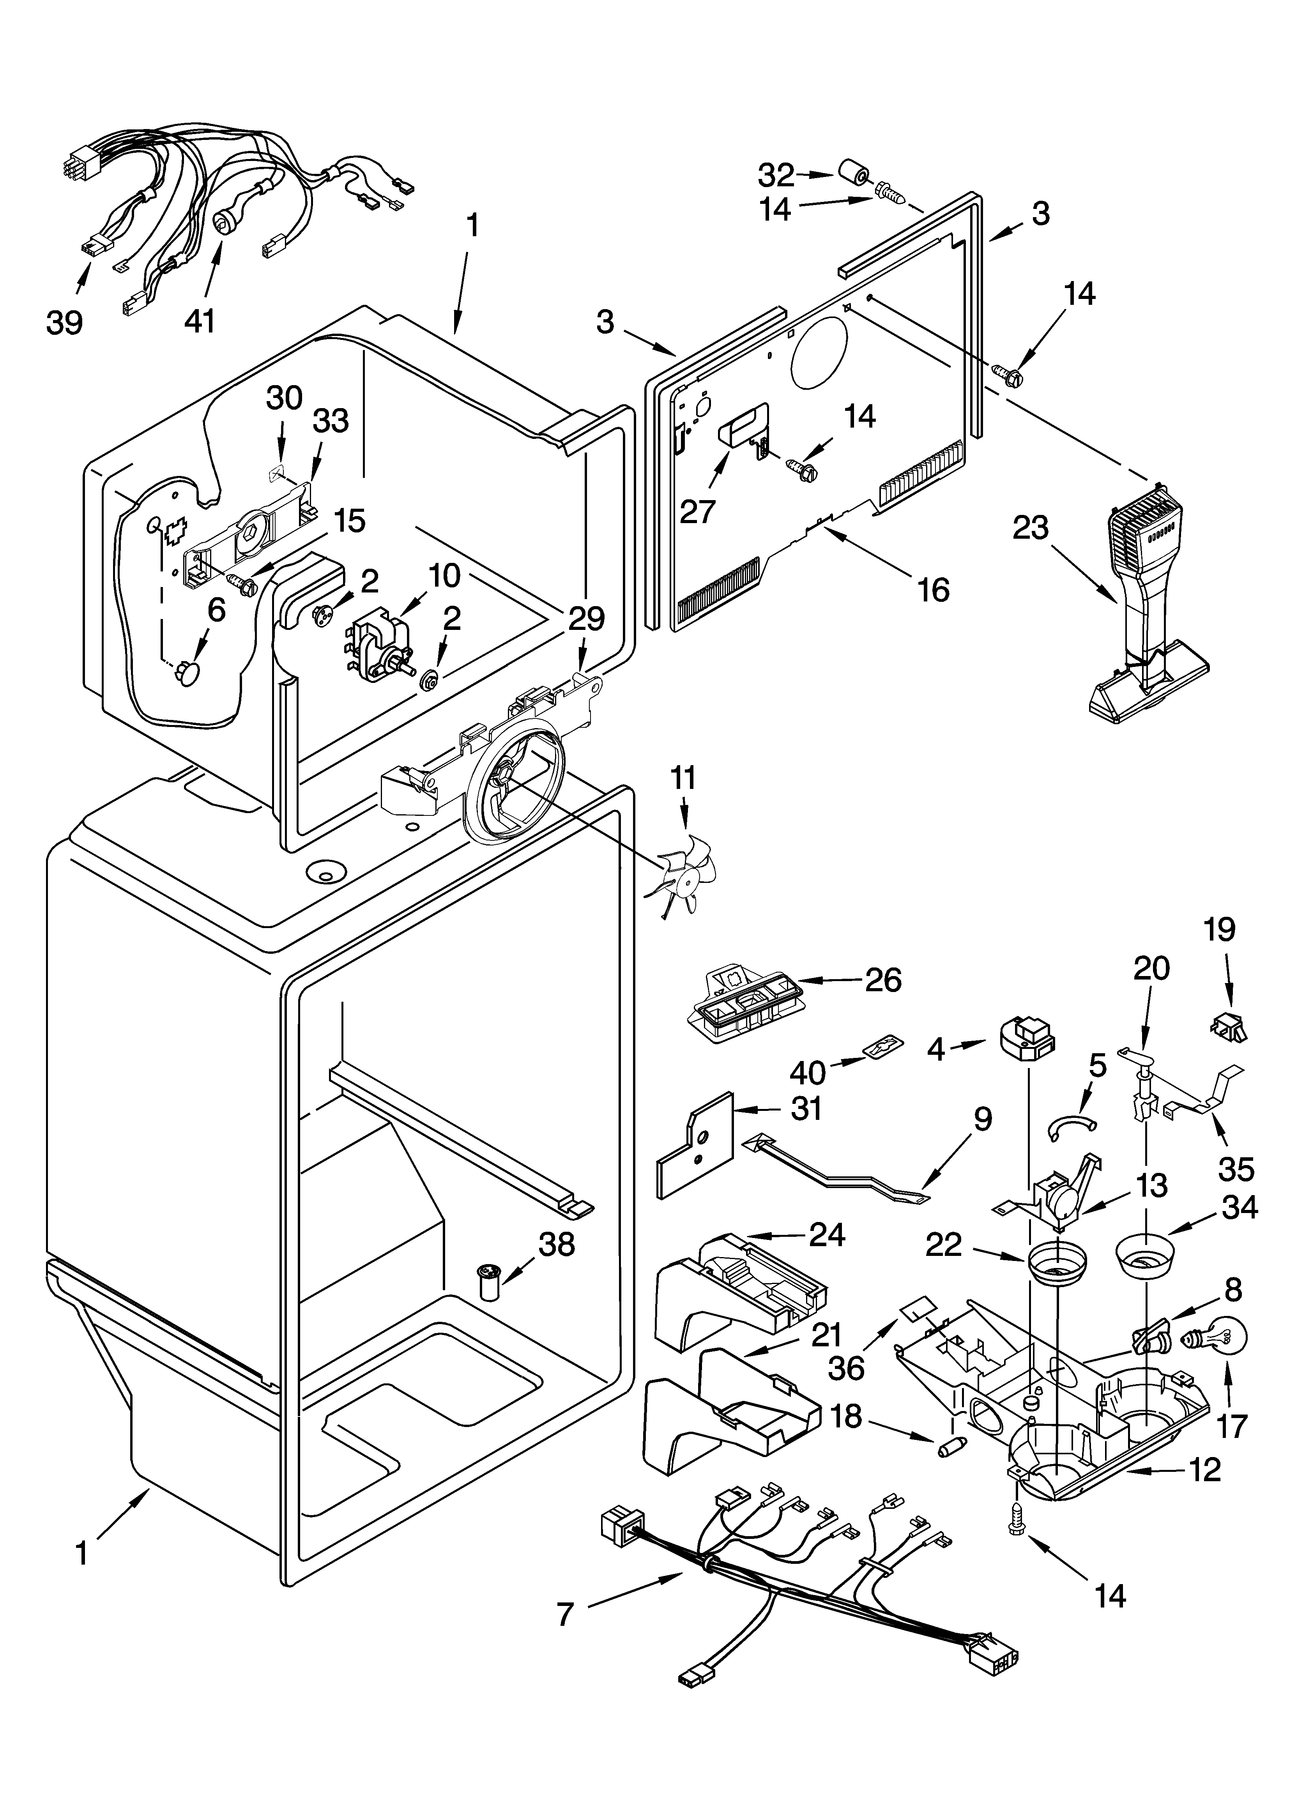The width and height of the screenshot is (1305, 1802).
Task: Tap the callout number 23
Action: [1031, 527]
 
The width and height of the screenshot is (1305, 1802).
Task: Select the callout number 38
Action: [556, 1244]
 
